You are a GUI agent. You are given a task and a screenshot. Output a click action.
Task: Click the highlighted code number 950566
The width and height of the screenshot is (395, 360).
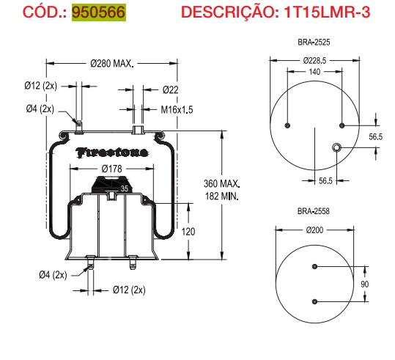point(98,13)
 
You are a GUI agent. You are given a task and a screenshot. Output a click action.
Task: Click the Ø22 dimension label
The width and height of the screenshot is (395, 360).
point(170,89)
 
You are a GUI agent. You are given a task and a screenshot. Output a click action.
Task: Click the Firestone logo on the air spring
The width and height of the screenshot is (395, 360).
point(111,153)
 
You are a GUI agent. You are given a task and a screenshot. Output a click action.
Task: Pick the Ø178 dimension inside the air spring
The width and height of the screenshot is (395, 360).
point(111,169)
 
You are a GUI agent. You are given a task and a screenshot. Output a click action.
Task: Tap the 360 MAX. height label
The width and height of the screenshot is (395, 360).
point(222,183)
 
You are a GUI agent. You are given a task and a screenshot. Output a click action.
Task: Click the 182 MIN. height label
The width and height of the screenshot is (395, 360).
point(222,196)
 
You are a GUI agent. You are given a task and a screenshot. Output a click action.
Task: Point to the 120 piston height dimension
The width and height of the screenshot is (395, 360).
point(188,231)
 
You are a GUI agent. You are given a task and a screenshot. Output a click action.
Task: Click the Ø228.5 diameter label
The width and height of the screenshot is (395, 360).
point(315,60)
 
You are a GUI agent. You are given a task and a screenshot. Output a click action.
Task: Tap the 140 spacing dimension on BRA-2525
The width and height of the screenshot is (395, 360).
point(314,72)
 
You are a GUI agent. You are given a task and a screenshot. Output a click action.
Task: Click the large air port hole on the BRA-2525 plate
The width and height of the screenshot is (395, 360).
point(337,149)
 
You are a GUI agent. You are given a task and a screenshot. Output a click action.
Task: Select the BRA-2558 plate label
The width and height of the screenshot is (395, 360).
point(313,211)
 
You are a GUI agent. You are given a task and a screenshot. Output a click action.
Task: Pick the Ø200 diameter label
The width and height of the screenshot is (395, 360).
point(314,230)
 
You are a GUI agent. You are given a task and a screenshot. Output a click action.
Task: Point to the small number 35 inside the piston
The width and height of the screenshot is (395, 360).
point(124,188)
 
